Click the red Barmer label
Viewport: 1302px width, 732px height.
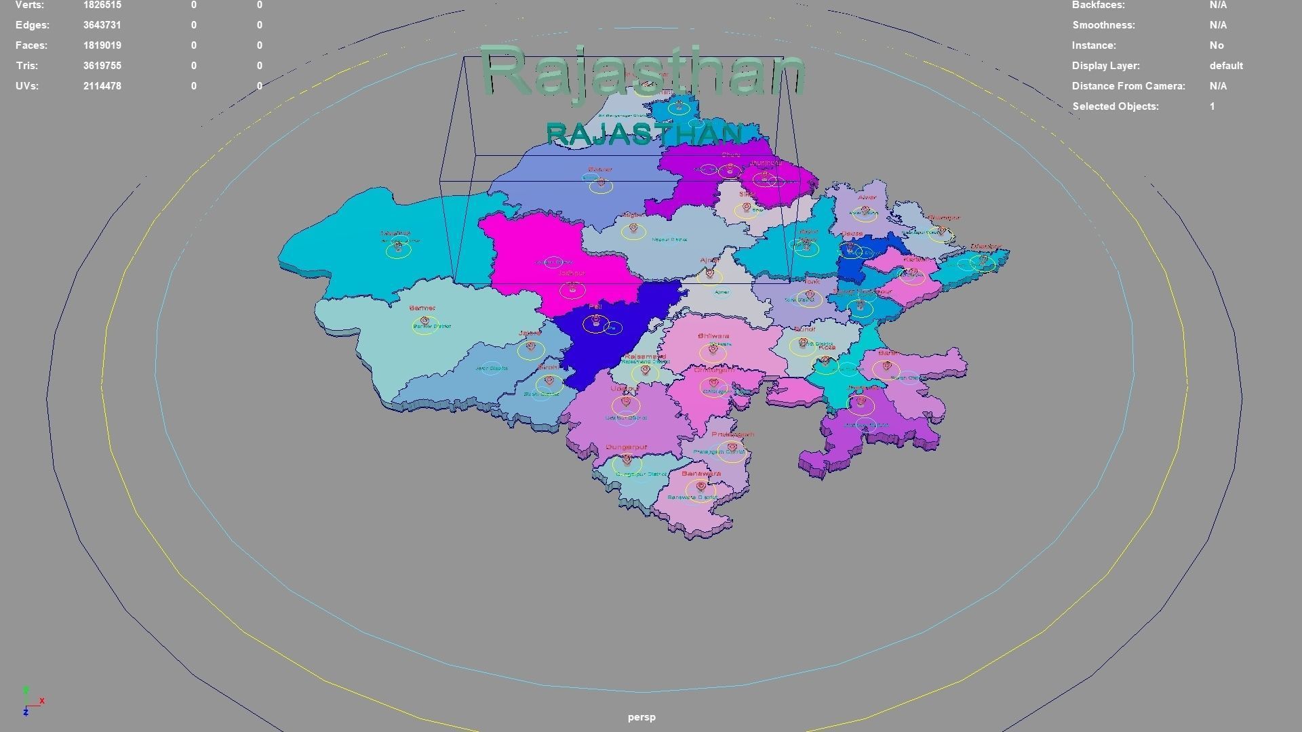click(x=422, y=308)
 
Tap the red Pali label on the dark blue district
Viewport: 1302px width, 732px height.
click(x=596, y=307)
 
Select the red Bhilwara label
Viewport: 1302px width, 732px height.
click(x=713, y=336)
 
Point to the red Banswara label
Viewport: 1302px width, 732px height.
click(x=701, y=474)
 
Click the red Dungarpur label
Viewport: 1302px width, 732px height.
click(x=627, y=447)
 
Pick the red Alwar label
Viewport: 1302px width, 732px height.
click(x=867, y=198)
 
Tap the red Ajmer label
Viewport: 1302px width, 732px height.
click(x=709, y=260)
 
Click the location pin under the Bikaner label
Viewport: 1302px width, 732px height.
click(x=601, y=183)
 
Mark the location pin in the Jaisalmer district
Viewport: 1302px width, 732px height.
click(x=398, y=247)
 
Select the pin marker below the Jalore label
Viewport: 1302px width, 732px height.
click(x=531, y=347)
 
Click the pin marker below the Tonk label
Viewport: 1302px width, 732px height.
click(x=809, y=295)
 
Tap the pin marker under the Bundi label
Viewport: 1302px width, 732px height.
click(x=804, y=343)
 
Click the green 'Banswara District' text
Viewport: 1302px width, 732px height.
click(x=692, y=497)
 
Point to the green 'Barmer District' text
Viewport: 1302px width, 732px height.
click(x=432, y=327)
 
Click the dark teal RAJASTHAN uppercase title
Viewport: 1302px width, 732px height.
click(x=644, y=134)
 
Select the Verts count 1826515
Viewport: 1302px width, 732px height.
click(x=102, y=5)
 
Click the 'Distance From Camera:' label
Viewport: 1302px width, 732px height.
click(x=1128, y=86)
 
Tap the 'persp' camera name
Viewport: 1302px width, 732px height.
click(x=642, y=717)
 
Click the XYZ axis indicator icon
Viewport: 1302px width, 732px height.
click(x=31, y=701)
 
